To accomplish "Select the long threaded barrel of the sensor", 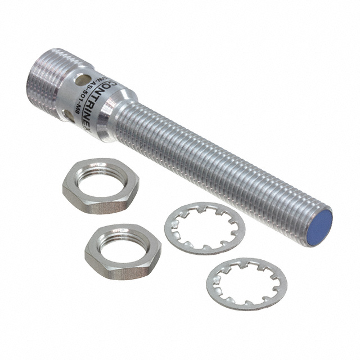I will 225,163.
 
